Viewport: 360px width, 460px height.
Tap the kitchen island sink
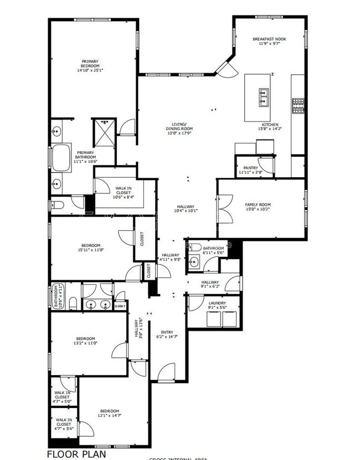[x=263, y=97]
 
